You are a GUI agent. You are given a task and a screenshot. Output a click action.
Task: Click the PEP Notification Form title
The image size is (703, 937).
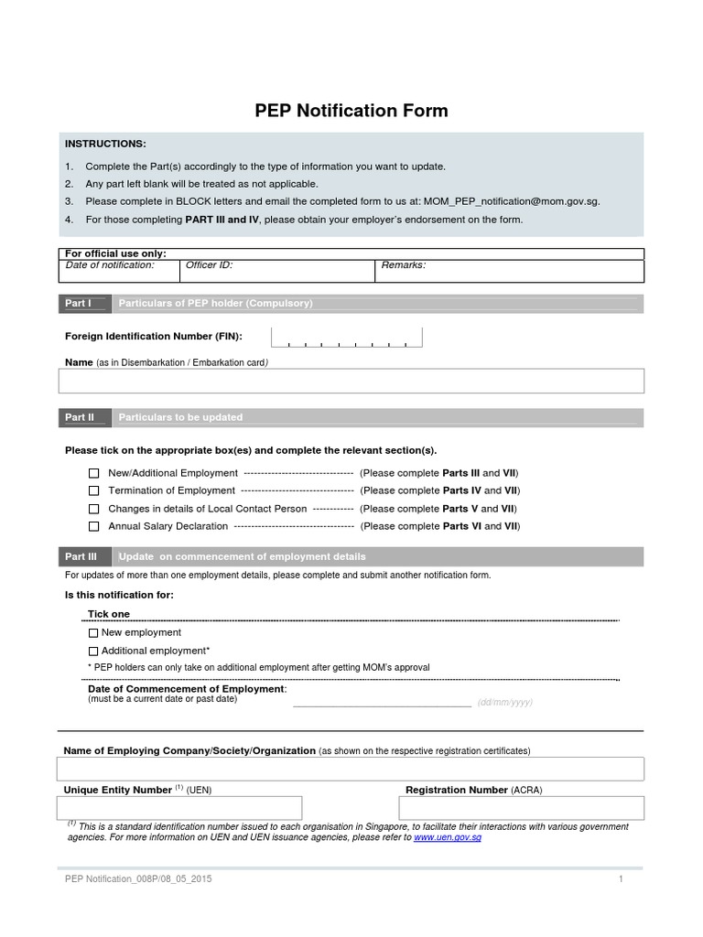[x=351, y=112]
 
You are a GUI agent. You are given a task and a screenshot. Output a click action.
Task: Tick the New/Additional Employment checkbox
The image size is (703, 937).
[x=94, y=473]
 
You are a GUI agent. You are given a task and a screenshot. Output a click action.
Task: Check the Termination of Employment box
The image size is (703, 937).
[x=94, y=491]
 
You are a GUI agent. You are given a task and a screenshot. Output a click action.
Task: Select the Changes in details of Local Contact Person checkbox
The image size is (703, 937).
[x=94, y=509]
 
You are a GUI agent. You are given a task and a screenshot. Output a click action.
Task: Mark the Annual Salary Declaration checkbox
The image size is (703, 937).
[x=94, y=527]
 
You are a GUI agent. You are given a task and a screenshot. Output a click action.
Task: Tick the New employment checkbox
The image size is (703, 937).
[x=93, y=633]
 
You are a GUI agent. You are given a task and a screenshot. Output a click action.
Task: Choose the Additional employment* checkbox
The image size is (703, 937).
[x=93, y=651]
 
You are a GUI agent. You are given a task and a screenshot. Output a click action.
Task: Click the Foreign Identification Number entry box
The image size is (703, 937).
[x=346, y=337]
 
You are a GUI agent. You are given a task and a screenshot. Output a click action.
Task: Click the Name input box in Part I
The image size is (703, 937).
[x=351, y=381]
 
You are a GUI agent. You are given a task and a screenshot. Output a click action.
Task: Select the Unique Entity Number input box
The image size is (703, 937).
[x=179, y=808]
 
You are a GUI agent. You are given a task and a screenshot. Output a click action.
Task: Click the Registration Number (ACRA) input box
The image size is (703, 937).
[x=521, y=808]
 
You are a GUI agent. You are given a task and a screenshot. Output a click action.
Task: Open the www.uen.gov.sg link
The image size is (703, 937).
[x=448, y=837]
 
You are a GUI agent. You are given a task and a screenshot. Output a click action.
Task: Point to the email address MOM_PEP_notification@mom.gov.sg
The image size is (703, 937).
[x=511, y=201]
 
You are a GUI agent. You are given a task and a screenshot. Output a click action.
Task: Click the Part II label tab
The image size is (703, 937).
[x=81, y=417]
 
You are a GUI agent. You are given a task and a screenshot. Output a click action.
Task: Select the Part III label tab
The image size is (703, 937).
[x=81, y=556]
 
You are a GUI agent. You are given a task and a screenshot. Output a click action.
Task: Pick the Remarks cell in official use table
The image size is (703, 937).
[x=508, y=271]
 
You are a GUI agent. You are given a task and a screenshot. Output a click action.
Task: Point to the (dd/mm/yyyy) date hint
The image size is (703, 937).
[x=504, y=703]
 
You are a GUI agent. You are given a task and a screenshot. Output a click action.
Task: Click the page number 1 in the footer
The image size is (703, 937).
[x=621, y=879]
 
